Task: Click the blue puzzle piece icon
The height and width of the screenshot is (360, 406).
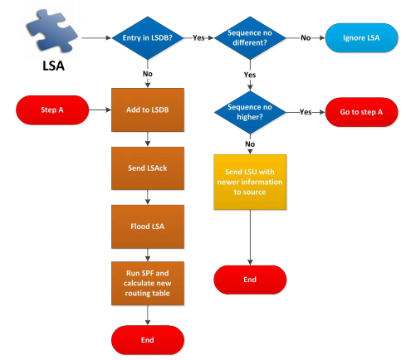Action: [x=51, y=31]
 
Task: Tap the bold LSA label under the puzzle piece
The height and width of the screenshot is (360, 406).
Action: [x=53, y=66]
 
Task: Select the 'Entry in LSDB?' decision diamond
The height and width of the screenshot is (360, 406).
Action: [x=148, y=38]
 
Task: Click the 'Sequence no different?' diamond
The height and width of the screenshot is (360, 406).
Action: [x=250, y=38]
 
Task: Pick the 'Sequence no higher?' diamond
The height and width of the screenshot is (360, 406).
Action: [x=250, y=112]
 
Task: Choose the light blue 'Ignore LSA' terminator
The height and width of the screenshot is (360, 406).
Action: [x=361, y=38]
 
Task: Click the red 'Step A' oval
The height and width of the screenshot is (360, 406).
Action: [x=52, y=110]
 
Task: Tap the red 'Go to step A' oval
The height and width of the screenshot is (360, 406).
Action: [x=361, y=112]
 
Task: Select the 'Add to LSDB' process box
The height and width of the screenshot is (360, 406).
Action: [x=148, y=109]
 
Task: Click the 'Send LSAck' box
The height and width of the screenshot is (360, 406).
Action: [x=148, y=168]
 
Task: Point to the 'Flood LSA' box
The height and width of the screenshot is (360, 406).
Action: [x=148, y=226]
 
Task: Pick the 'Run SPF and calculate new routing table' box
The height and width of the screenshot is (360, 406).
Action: [x=148, y=284]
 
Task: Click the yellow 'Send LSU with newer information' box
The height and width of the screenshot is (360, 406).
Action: [x=250, y=182]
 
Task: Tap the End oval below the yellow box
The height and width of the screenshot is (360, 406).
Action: [x=250, y=280]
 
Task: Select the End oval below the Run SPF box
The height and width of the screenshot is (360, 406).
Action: [x=148, y=340]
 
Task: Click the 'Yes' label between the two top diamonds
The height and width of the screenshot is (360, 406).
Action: [x=198, y=38]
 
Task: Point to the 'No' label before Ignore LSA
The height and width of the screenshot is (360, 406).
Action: [x=306, y=38]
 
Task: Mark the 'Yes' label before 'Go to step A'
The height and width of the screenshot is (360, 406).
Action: [x=306, y=112]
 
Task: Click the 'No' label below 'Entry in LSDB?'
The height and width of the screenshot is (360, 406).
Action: [x=148, y=74]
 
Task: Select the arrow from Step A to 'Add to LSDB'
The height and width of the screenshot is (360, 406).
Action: [x=100, y=110]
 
